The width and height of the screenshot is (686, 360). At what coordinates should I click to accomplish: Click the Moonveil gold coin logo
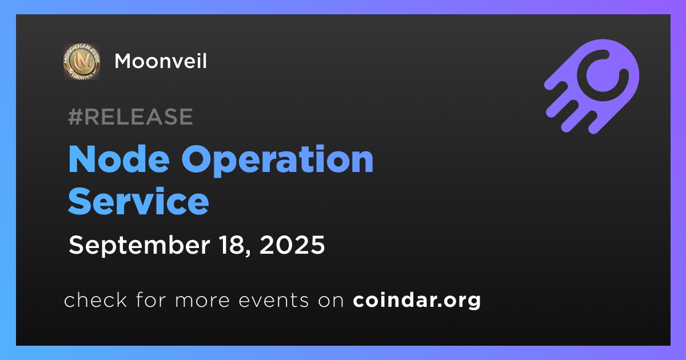(81, 61)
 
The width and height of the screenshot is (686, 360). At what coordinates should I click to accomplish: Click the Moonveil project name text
(161, 61)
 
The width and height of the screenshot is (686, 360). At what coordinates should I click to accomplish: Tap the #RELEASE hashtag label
(130, 117)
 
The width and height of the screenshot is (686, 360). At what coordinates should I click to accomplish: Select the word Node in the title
(119, 159)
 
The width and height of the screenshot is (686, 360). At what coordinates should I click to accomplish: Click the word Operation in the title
(277, 160)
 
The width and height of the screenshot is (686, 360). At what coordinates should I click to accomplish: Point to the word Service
(138, 201)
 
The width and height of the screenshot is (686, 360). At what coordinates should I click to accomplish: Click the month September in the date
(139, 245)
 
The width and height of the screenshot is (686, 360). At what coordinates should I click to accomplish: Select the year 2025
(292, 245)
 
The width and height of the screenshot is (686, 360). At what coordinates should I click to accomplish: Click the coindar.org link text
(417, 301)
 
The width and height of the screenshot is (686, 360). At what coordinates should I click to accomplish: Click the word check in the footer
(95, 299)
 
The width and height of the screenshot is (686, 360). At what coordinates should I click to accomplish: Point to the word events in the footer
(273, 301)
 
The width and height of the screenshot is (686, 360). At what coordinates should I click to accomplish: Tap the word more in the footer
(202, 301)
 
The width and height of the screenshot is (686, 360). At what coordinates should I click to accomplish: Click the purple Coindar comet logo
(592, 87)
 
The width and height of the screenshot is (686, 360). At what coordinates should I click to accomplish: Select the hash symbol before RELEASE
(75, 117)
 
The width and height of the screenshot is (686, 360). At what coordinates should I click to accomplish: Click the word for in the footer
(151, 299)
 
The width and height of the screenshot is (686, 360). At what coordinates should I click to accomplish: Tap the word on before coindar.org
(331, 301)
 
